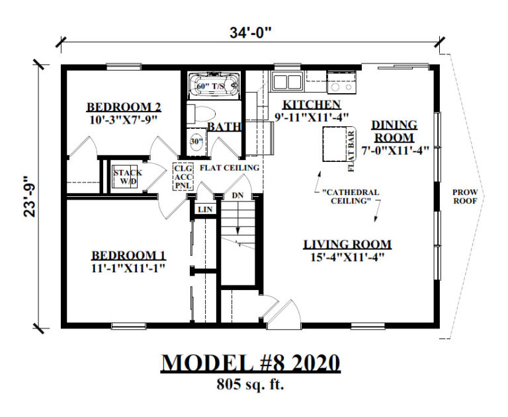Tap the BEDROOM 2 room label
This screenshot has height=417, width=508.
[124, 107]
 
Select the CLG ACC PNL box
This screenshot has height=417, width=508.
[183, 176]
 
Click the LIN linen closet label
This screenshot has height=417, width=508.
[204, 209]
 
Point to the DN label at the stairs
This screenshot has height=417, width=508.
[237, 195]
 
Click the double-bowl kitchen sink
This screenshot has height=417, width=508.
[287, 82]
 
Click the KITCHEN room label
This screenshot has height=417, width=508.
[312, 104]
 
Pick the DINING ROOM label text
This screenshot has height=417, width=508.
[394, 131]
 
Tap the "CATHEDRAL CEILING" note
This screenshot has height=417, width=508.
[350, 197]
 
